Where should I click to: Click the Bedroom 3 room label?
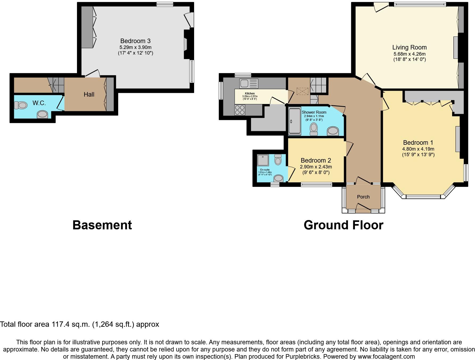click(135, 41)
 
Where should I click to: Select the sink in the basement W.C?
click(42, 115)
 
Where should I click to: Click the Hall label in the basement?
click(89, 94)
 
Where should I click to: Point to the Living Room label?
click(409, 47)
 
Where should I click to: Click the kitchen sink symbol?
click(248, 84)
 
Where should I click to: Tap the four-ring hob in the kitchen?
click(240, 110)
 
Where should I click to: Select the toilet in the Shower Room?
click(314, 129)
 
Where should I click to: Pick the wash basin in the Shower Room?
click(333, 131)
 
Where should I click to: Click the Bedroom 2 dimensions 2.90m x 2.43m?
click(316, 167)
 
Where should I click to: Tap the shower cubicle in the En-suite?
click(263, 160)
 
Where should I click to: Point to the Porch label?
click(363, 197)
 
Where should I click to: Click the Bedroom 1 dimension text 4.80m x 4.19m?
click(418, 149)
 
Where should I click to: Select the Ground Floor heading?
click(343, 225)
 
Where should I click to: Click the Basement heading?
click(102, 225)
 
